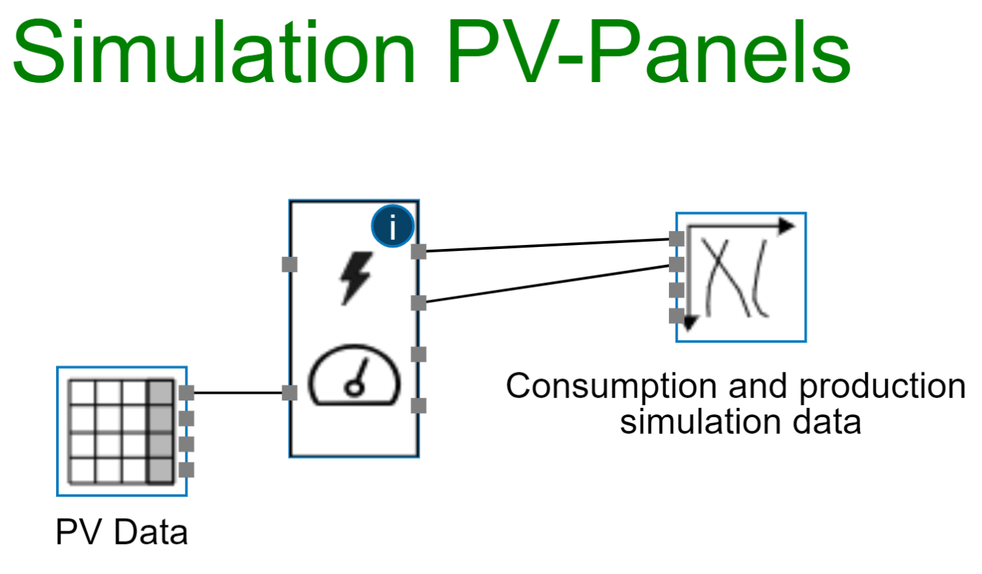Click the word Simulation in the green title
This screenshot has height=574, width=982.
click(x=214, y=52)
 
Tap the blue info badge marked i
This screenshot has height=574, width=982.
click(x=393, y=226)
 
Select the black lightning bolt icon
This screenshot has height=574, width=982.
click(x=355, y=277)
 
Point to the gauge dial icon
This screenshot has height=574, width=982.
click(x=354, y=375)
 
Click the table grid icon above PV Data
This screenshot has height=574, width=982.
click(x=121, y=431)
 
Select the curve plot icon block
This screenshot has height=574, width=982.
click(x=741, y=278)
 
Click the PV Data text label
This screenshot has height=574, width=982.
click(x=121, y=533)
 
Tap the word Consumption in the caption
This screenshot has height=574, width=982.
click(x=612, y=386)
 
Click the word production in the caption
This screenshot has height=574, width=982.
click(x=882, y=386)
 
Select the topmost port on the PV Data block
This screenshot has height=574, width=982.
click(x=187, y=392)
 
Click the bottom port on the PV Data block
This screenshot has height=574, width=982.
click(x=187, y=469)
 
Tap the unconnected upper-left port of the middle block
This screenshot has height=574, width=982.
click(x=289, y=264)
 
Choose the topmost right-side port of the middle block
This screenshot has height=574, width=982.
click(x=419, y=252)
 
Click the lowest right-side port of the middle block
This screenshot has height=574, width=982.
click(x=419, y=405)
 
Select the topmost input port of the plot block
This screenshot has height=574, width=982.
click(x=676, y=238)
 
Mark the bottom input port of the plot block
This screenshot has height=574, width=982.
click(x=676, y=315)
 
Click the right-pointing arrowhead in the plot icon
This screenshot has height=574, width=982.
click(x=787, y=226)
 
